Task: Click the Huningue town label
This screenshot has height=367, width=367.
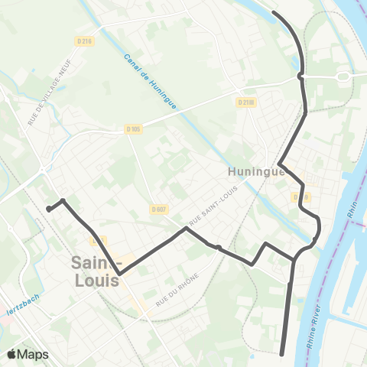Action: pyautogui.click(x=256, y=172)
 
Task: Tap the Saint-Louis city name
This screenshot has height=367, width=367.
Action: pyautogui.click(x=96, y=271)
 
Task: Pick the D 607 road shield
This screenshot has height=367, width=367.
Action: pyautogui.click(x=158, y=209)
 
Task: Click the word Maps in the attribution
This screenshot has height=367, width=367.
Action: pyautogui.click(x=34, y=354)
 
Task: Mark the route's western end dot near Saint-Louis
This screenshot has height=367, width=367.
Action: pyautogui.click(x=48, y=208)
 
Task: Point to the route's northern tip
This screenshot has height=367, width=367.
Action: pyautogui.click(x=274, y=12)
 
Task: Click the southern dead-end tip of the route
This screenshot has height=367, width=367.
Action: pyautogui.click(x=283, y=353)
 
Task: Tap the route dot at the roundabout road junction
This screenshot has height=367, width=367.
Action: pyautogui.click(x=301, y=76)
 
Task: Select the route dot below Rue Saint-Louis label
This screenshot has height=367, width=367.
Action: pyautogui.click(x=218, y=247)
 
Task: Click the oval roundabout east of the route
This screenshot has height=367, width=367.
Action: pyautogui.click(x=343, y=76)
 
